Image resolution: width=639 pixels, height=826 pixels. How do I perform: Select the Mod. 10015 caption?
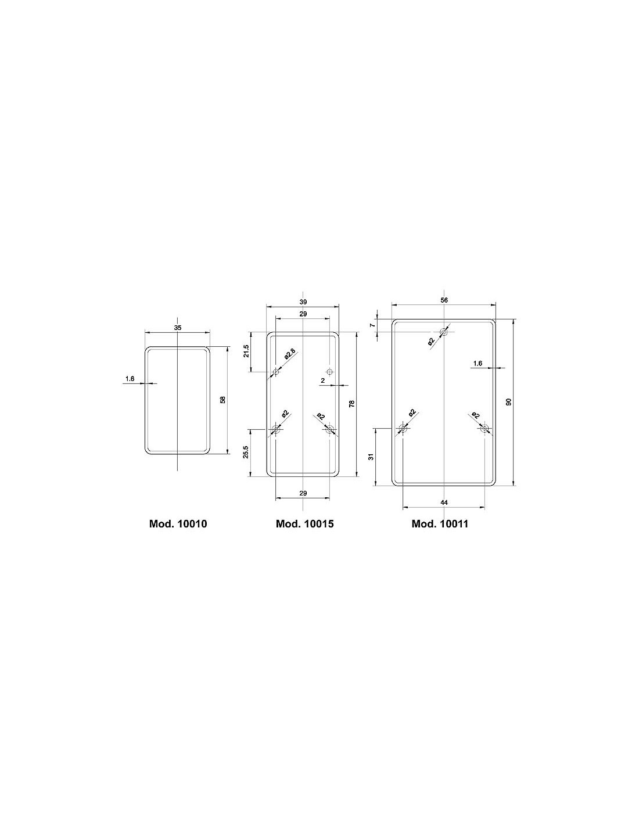point(304,524)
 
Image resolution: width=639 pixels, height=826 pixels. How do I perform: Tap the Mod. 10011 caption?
point(440,524)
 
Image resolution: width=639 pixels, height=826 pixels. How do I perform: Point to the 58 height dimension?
point(223,400)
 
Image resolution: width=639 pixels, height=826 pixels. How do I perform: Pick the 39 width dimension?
point(303,302)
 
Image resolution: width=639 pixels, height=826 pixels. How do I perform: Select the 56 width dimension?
point(444,300)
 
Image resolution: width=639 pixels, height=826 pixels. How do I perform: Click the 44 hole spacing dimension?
point(444,502)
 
